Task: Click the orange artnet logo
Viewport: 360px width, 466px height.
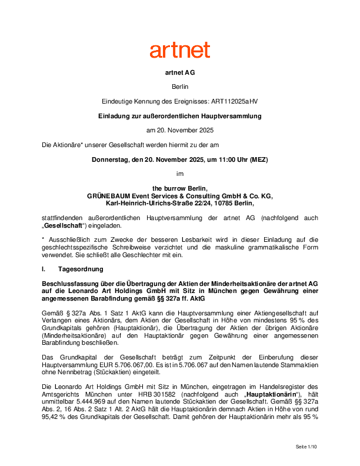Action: coord(179,50)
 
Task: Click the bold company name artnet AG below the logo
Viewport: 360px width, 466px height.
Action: coord(179,74)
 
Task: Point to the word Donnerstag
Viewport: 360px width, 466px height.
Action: coord(109,159)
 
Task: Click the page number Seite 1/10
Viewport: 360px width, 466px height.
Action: coord(306,448)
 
